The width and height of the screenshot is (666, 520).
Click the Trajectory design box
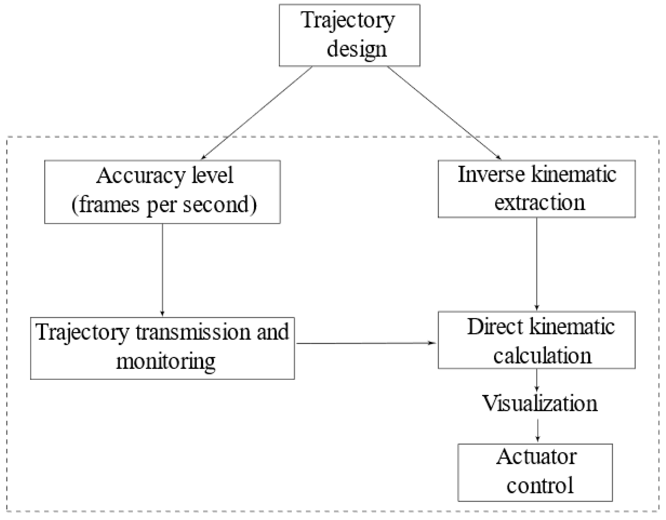coord(349,35)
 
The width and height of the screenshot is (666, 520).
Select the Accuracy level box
coord(162,192)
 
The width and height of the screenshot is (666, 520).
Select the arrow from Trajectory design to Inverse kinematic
coord(444,113)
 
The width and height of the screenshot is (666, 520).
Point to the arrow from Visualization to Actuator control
coord(537,430)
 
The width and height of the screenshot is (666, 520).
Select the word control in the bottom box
coord(540,485)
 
